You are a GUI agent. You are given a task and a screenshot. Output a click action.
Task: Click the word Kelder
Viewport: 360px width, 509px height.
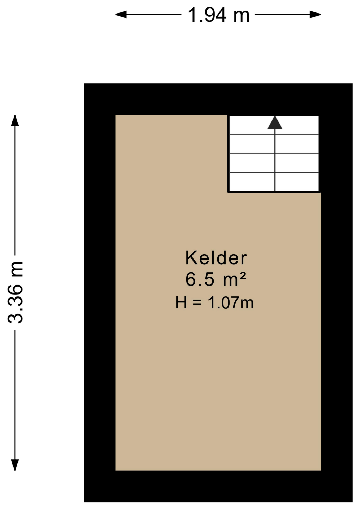pyautogui.click(x=216, y=258)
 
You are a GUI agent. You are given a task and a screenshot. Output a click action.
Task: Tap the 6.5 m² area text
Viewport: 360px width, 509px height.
pyautogui.click(x=216, y=279)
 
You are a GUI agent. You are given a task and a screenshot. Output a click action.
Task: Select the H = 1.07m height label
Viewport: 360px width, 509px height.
pyautogui.click(x=214, y=302)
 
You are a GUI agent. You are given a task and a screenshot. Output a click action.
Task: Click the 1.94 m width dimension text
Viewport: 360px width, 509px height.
pyautogui.click(x=218, y=15)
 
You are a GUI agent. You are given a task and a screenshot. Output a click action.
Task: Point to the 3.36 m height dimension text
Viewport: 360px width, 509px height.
pyautogui.click(x=15, y=292)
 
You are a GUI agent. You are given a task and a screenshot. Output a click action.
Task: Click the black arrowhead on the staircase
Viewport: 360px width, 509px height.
pyautogui.click(x=275, y=123)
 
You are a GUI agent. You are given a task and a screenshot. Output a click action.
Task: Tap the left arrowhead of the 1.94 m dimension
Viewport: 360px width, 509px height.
pyautogui.click(x=121, y=14)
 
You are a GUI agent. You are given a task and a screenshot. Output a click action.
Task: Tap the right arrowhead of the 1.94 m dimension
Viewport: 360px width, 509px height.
pyautogui.click(x=315, y=14)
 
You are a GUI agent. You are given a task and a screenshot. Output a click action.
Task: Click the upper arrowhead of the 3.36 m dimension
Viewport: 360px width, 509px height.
pyautogui.click(x=15, y=121)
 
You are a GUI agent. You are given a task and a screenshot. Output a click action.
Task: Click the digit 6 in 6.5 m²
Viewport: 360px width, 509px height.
pyautogui.click(x=190, y=279)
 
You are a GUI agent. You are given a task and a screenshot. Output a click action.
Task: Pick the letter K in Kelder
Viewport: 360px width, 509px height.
pyautogui.click(x=191, y=258)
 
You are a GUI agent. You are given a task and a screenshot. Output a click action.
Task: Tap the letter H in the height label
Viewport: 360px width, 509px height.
pyautogui.click(x=181, y=303)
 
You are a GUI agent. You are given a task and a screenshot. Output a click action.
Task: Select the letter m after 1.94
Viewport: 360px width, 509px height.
pyautogui.click(x=242, y=17)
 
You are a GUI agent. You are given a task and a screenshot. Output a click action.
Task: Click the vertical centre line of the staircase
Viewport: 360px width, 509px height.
pyautogui.click(x=275, y=160)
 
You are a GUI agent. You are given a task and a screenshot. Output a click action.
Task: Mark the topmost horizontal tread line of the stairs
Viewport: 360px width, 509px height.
pyautogui.click(x=274, y=134)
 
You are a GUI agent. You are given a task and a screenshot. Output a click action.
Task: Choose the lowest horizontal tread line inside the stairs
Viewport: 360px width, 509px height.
pyautogui.click(x=274, y=173)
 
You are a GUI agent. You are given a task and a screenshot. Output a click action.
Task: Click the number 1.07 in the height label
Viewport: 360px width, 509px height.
pyautogui.click(x=223, y=303)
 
